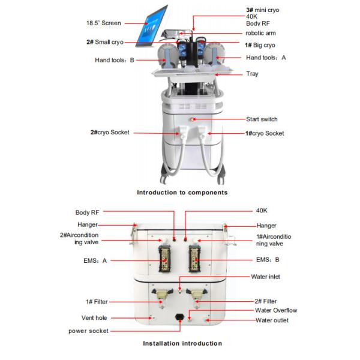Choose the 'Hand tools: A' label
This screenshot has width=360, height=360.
coord(266,58)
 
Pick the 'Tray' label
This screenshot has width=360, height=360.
coord(252,74)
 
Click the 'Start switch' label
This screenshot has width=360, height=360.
coord(262,119)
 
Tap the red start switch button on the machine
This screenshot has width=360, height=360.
coord(194,119)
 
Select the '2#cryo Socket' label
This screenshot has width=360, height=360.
coord(108,133)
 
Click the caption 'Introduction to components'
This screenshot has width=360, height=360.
coord(182,193)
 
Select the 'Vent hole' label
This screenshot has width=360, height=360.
coord(94,318)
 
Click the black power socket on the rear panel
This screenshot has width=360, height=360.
coord(179,318)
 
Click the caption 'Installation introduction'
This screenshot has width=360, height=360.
coord(182,344)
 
